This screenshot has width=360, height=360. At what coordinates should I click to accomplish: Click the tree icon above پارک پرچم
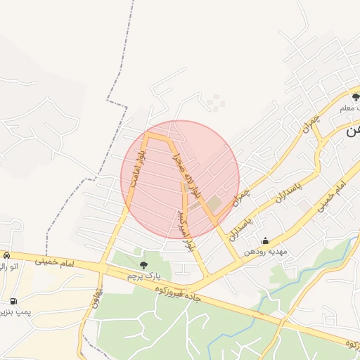[143, 265]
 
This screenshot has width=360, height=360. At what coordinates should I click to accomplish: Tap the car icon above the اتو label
[6, 255]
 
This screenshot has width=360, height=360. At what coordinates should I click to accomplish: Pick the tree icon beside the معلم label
[356, 97]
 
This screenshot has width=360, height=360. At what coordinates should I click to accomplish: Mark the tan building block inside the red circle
[213, 204]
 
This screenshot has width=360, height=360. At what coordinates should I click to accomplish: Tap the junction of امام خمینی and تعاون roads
[102, 268]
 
